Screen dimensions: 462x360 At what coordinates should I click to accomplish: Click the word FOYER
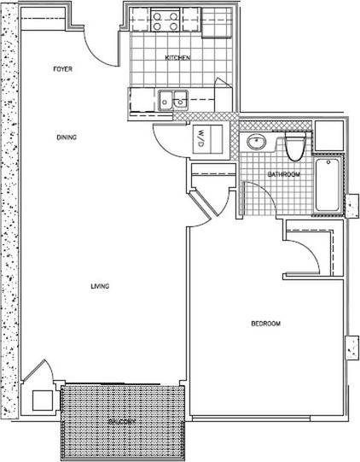(62, 68)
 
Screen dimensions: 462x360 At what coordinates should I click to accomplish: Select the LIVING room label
(100, 286)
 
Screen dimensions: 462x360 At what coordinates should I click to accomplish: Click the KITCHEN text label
(177, 58)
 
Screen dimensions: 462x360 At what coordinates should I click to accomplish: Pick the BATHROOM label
(283, 174)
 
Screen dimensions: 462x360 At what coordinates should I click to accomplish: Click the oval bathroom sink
(256, 142)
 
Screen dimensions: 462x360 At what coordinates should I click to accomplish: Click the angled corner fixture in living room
(38, 391)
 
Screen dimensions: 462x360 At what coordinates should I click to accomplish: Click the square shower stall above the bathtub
(328, 136)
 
